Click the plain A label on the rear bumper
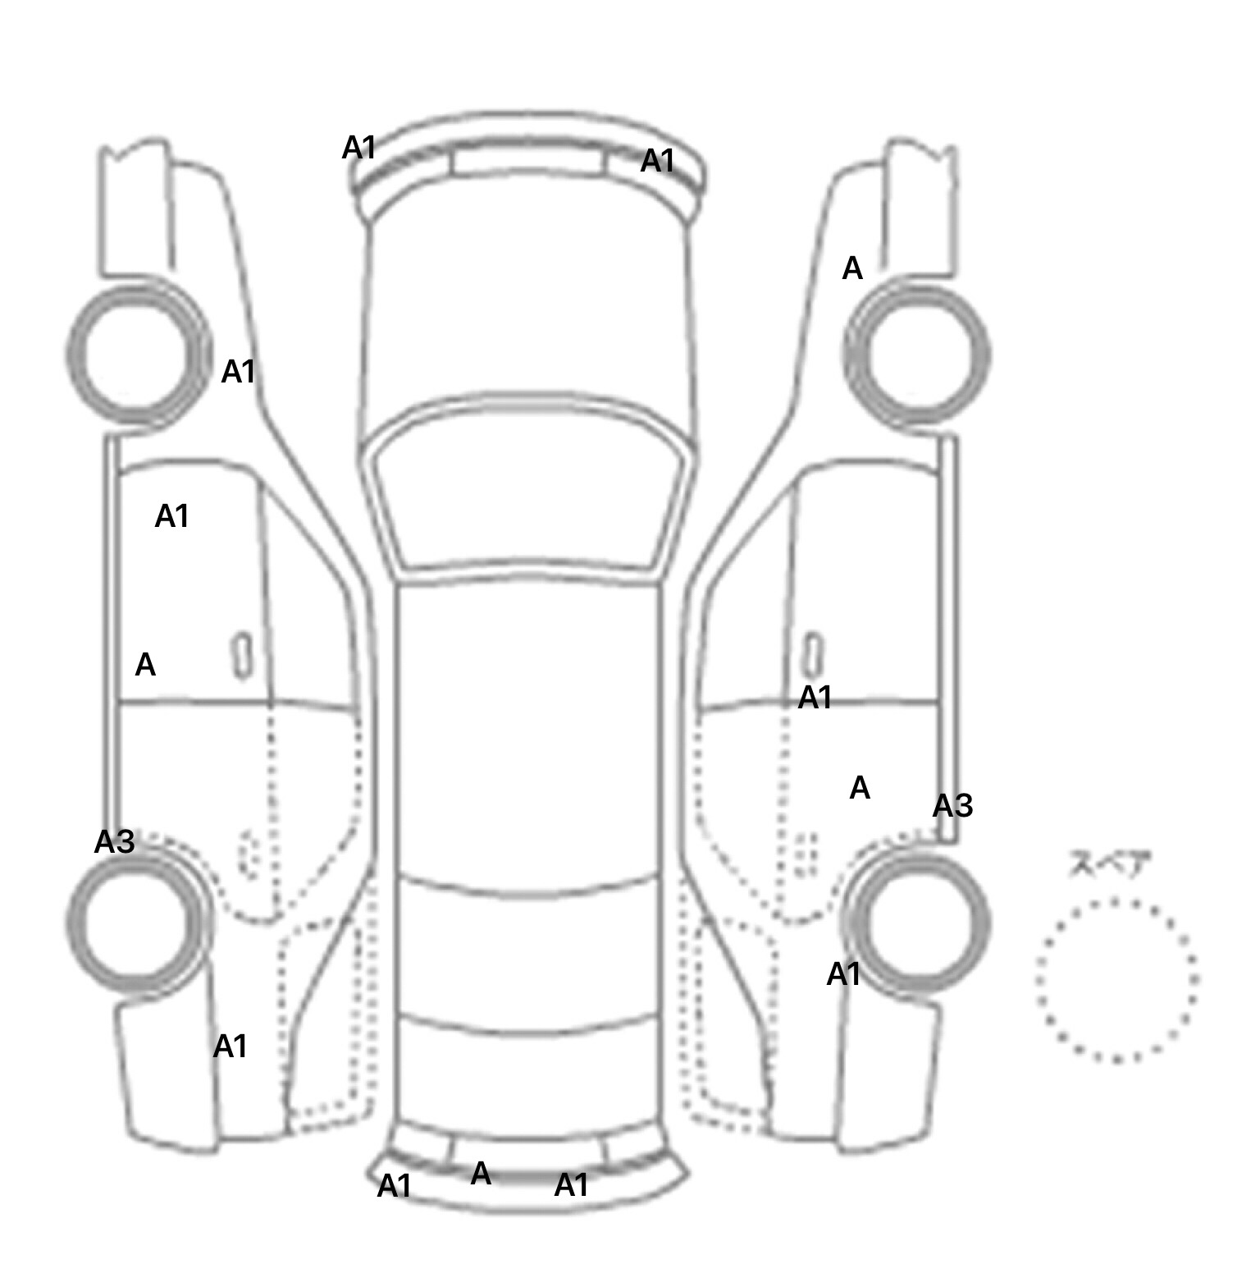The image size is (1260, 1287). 481,1174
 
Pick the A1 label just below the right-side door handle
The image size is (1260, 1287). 815,698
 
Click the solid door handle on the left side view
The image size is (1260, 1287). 242,656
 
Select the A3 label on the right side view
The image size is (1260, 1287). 952,806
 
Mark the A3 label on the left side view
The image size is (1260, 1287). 114,841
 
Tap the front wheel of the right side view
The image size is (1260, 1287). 917,354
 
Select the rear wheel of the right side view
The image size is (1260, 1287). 917,920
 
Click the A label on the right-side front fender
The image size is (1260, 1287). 852,268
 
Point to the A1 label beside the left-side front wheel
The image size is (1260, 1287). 239,372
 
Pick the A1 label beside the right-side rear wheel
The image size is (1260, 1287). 844,974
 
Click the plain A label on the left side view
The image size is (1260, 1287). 145,664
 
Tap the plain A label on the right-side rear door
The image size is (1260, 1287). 860,788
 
